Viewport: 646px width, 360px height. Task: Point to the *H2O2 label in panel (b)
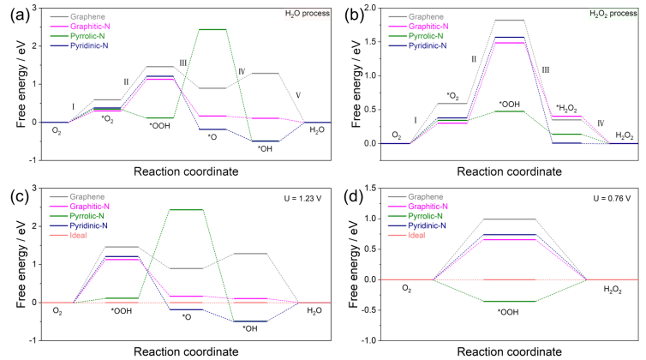point(567,107)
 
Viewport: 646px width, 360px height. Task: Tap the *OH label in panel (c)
point(249,328)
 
